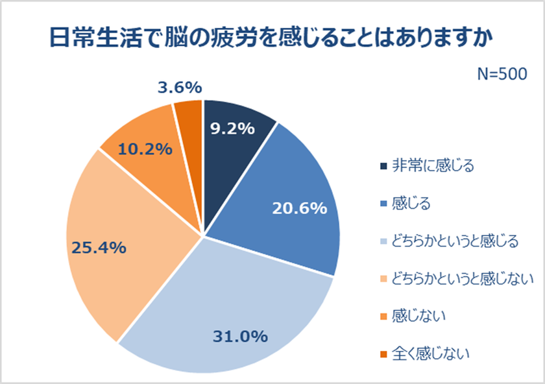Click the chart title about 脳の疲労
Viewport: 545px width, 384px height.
coord(272,36)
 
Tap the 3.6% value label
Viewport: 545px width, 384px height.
coord(180,87)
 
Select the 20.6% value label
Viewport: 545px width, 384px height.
coord(298,208)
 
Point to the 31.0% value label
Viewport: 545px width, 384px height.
coord(241,336)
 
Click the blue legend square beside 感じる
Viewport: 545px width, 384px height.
coord(383,204)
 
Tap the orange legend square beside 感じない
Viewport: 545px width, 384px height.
coord(383,317)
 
